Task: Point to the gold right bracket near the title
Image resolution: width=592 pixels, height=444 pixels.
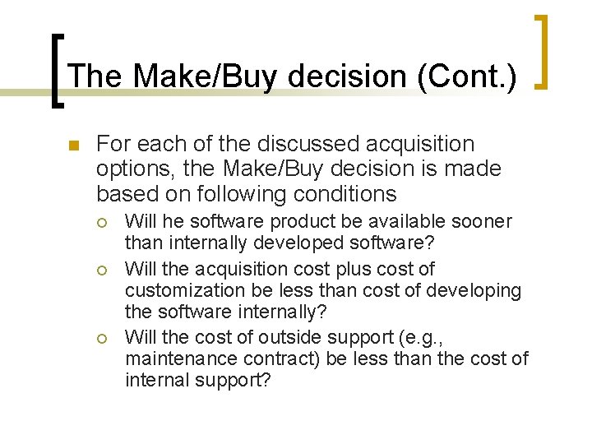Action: (x=542, y=51)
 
